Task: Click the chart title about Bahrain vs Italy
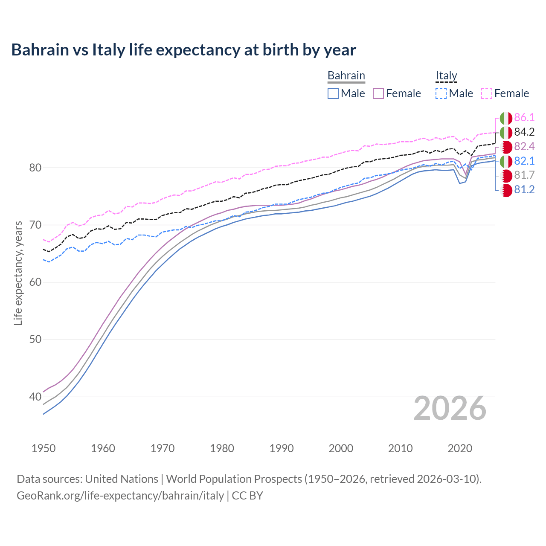[183, 50]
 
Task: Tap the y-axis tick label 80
[35, 168]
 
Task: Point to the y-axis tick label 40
[35, 397]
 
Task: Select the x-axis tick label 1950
[44, 448]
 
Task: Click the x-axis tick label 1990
[282, 448]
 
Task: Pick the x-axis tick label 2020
[460, 448]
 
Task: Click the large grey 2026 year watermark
[450, 408]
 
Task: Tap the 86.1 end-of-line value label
[524, 118]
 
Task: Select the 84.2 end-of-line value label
[524, 132]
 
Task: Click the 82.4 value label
[524, 147]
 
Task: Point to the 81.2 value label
[524, 190]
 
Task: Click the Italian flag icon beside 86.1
[506, 118]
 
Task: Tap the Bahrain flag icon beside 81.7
[506, 175]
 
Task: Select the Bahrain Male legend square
[333, 93]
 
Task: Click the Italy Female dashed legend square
[487, 93]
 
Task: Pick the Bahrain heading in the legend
[346, 76]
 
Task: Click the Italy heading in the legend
[446, 76]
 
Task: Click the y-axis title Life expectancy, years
[18, 273]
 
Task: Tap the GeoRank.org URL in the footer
[120, 496]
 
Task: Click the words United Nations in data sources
[122, 479]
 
